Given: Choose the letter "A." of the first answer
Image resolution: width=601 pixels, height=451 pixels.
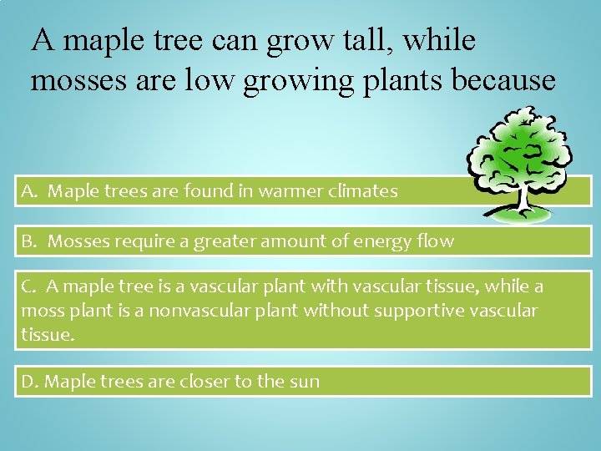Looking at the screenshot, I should (31, 191).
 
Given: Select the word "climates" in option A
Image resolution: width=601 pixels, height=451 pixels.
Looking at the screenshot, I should (363, 191).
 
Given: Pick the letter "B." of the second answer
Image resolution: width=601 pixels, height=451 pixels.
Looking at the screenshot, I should (31, 242).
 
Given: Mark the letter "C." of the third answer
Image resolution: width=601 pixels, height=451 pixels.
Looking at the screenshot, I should (31, 287).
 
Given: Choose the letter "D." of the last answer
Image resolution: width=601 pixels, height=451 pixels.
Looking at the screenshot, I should (30, 383).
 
